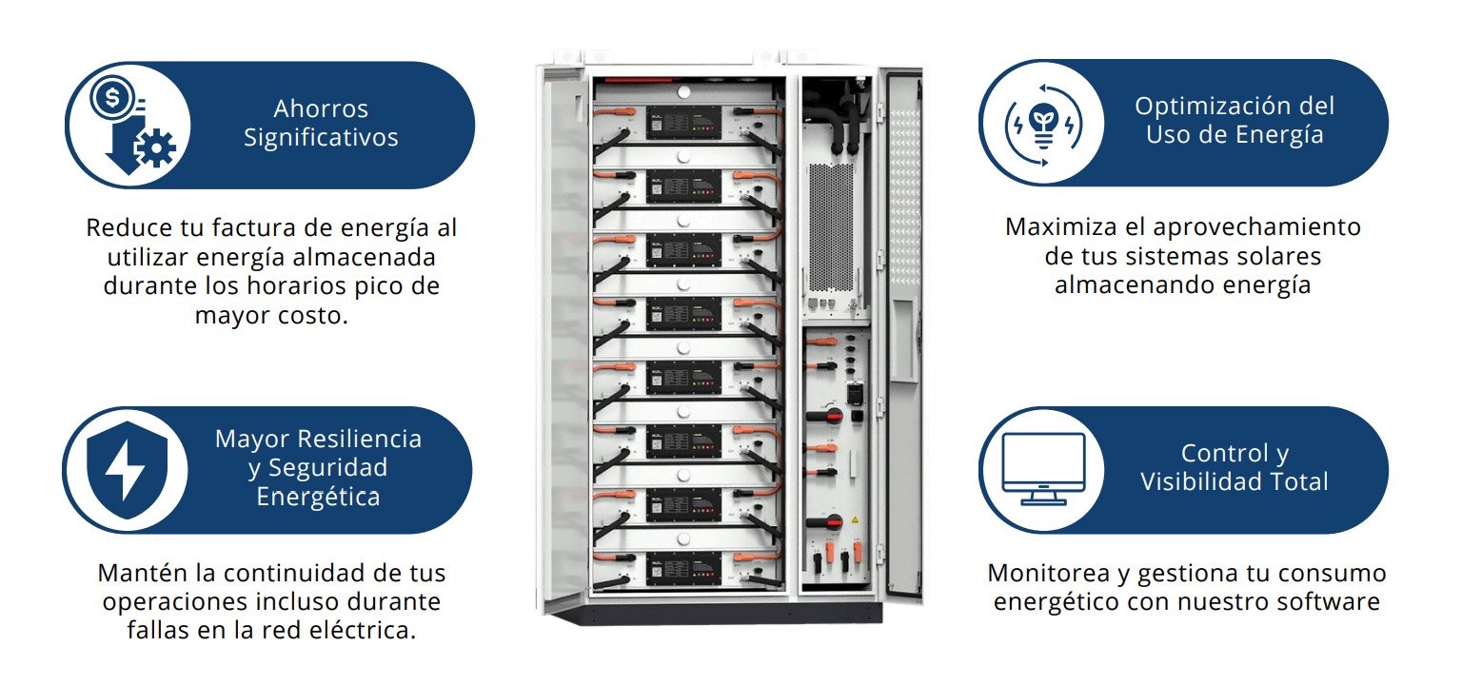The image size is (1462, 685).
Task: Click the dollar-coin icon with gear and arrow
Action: (134, 126)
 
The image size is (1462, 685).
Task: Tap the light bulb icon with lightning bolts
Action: (1043, 125)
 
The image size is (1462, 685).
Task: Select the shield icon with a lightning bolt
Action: (128, 470)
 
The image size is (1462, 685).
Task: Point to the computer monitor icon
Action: (1043, 468)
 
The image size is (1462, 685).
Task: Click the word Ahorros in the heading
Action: (321, 108)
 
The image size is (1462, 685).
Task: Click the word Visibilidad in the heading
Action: (1193, 481)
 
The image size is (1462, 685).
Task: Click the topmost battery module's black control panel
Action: (684, 123)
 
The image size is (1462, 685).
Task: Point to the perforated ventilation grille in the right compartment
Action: (831, 227)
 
